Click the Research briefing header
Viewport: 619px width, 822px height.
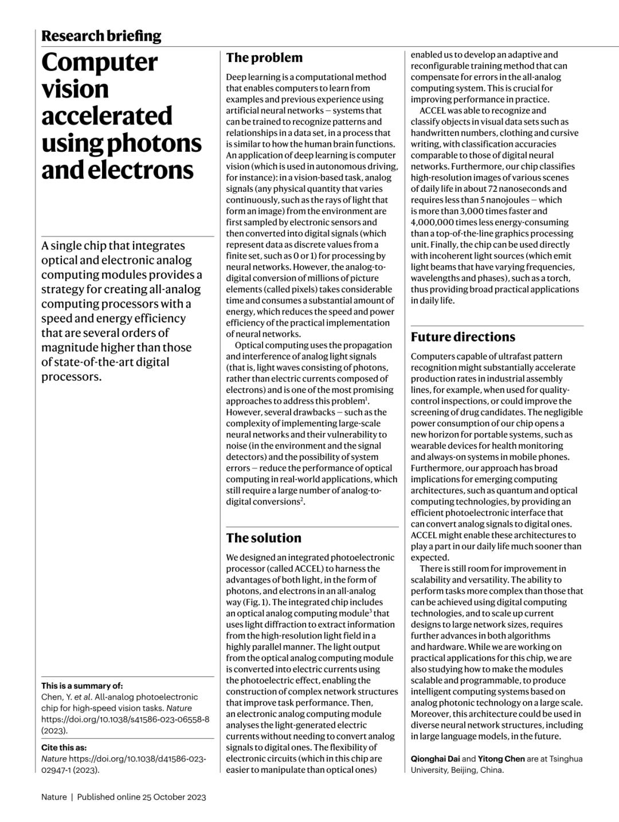[x=101, y=36]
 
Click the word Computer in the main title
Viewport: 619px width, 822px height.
[x=99, y=62]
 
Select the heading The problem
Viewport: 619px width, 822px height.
[x=264, y=57]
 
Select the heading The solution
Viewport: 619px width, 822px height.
[x=264, y=538]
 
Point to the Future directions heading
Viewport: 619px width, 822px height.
[x=463, y=337]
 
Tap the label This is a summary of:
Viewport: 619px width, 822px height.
[x=82, y=686]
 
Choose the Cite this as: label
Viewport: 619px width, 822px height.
[x=64, y=748]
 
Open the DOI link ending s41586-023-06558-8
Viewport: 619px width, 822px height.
[x=125, y=719]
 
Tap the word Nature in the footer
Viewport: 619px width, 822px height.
[x=54, y=797]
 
